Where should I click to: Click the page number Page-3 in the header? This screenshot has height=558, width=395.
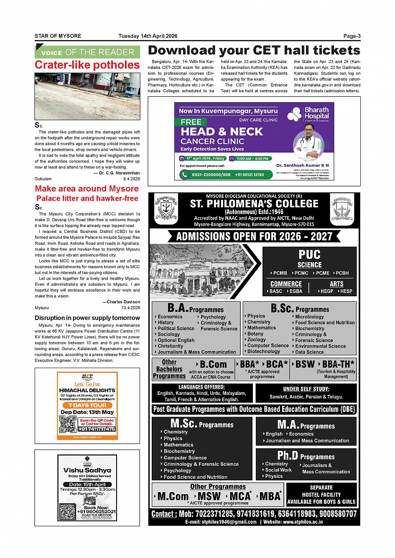point(352,36)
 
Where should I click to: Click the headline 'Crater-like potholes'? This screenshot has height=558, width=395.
point(87,65)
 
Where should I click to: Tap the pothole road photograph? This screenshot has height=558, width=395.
point(87,96)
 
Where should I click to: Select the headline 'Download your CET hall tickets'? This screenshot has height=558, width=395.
point(254,50)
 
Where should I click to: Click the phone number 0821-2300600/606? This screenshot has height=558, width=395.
point(211,174)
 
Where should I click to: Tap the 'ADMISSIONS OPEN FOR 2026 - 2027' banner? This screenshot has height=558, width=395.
point(254,236)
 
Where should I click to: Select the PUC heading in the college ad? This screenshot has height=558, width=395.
point(309,255)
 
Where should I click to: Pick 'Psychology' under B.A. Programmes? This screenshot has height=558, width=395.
point(213,317)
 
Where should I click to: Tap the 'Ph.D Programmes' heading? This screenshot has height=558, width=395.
point(306,456)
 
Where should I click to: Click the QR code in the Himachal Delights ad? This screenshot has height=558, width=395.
point(68,424)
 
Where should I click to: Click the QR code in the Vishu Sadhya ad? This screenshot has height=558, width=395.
point(68,512)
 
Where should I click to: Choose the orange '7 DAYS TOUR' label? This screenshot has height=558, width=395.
point(87,405)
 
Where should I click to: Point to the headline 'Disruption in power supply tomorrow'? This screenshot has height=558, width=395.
point(87,318)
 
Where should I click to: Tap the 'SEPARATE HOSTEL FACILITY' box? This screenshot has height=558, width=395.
point(321,495)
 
